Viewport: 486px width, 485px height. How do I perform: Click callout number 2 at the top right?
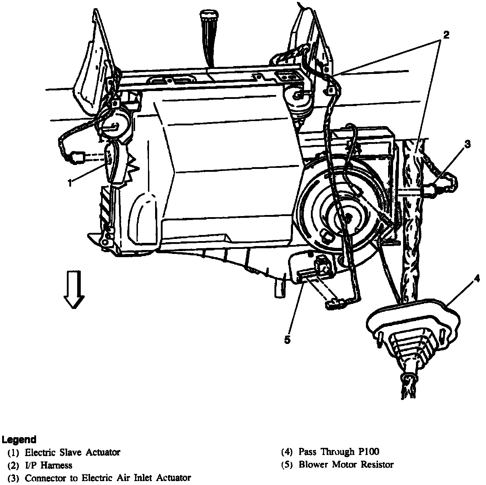point(446,35)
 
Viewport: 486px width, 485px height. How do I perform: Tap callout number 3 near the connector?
point(467,145)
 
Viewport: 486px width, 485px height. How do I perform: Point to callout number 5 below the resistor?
point(287,340)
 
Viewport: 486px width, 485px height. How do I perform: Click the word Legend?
point(19,439)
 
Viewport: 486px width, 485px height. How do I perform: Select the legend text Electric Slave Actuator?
point(72,452)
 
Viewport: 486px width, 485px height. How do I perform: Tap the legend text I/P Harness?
point(48,465)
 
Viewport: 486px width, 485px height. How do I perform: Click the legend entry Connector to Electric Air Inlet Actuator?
point(108,477)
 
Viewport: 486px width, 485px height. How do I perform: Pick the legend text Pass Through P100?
point(339,452)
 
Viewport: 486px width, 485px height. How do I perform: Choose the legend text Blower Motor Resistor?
point(346,465)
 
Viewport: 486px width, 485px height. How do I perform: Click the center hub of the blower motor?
point(346,217)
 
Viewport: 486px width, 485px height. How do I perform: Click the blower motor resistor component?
point(314,271)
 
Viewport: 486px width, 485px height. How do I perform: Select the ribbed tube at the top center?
point(209,36)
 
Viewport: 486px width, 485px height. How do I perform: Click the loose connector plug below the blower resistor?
point(333,304)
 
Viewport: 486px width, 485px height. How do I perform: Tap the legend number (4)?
point(287,452)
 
